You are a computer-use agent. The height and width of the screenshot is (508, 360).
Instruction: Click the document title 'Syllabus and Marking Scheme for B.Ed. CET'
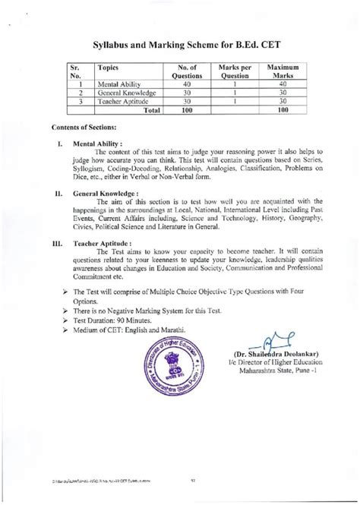[x=180, y=46]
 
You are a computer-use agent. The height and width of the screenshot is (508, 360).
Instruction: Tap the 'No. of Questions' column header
[x=182, y=72]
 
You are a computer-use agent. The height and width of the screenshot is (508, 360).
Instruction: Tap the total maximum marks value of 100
[x=283, y=111]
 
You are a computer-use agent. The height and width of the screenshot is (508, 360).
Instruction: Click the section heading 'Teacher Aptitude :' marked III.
[x=122, y=245]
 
